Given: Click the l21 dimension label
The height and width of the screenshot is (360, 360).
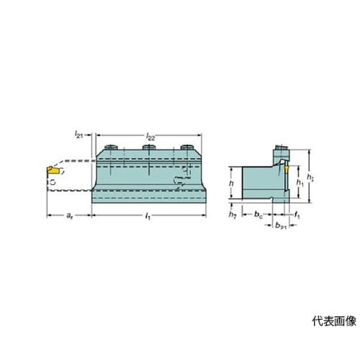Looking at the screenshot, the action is (x=78, y=135).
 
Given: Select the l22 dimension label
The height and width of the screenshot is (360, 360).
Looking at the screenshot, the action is (x=150, y=137).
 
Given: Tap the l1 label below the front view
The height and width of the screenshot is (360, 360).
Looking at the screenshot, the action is (x=148, y=216).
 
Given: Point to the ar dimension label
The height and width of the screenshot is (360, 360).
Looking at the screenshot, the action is (x=69, y=216).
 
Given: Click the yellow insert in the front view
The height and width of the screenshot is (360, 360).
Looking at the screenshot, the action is (x=53, y=170).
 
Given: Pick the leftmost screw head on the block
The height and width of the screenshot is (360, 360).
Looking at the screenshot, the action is (x=111, y=147).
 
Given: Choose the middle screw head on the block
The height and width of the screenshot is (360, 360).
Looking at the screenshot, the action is (x=149, y=147).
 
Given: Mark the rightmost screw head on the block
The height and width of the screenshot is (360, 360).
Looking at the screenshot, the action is (x=187, y=147).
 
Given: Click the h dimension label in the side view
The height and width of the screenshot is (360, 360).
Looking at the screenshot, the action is (x=231, y=184).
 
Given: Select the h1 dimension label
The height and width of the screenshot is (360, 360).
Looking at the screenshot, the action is (x=300, y=183).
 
